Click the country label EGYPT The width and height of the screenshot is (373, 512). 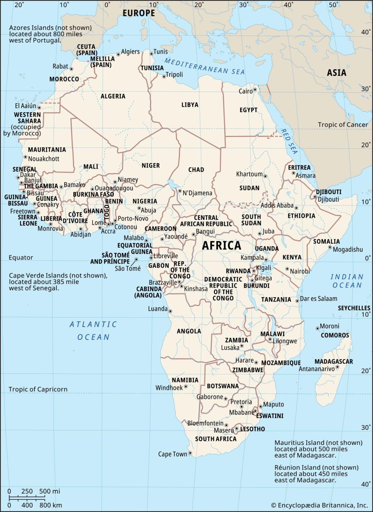[248, 110]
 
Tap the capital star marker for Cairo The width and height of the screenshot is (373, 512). [255, 90]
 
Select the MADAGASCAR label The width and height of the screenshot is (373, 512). [333, 362]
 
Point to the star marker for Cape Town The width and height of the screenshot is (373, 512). [190, 453]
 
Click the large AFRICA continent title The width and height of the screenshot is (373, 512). [222, 246]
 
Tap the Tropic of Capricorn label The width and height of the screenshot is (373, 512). [38, 389]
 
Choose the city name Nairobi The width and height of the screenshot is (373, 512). [300, 271]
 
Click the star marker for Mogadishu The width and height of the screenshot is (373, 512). [330, 247]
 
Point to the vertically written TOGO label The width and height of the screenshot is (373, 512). [107, 212]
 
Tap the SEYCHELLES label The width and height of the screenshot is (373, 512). [354, 308]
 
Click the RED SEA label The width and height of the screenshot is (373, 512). [289, 141]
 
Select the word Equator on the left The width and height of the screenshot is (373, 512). [21, 257]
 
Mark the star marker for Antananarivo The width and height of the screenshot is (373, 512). [337, 367]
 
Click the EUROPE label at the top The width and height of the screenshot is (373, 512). [139, 13]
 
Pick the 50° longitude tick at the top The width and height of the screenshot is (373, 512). [333, 5]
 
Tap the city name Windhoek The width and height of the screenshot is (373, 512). [169, 388]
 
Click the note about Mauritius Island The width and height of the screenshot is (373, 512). [318, 449]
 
